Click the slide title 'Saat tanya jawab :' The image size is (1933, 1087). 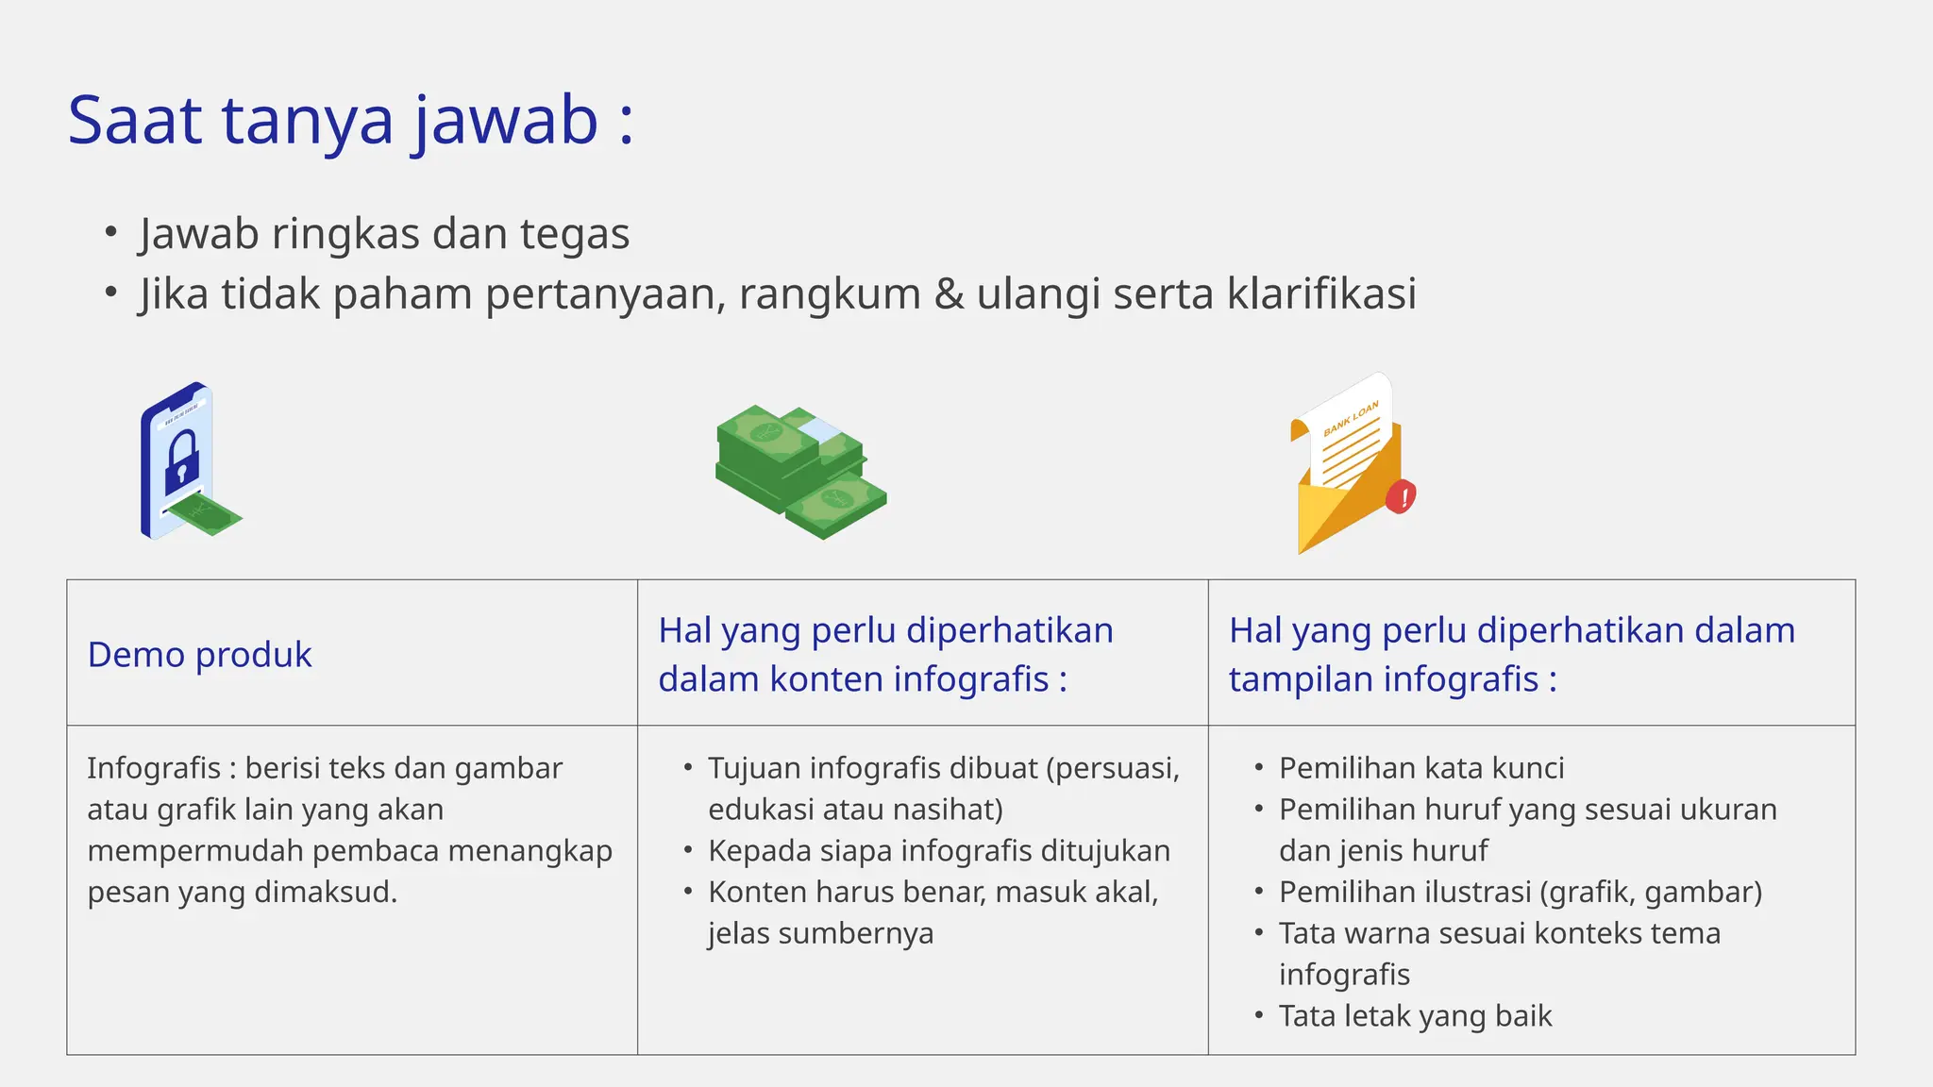(x=350, y=121)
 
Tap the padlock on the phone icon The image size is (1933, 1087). (x=182, y=460)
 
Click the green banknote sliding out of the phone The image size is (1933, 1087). (x=207, y=513)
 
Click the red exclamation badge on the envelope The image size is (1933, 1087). (x=1402, y=495)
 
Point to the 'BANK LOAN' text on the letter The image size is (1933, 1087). (x=1351, y=418)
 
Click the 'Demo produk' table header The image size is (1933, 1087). (x=199, y=655)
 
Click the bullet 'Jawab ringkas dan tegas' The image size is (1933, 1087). (x=384, y=234)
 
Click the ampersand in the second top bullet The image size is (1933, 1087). (x=949, y=293)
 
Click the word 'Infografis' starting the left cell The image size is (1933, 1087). (x=153, y=768)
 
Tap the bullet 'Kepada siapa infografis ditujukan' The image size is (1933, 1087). (x=939, y=851)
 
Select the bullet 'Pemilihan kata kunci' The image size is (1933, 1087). (x=1421, y=768)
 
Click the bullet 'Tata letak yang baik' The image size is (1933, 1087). (x=1415, y=1016)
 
